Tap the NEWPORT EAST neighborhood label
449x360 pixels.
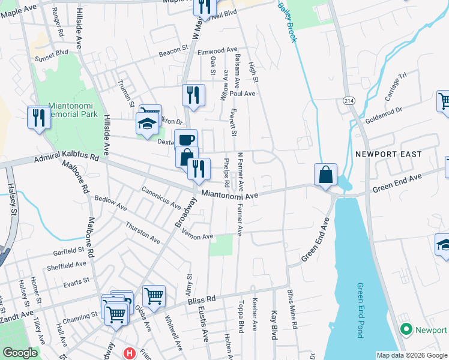pyautogui.click(x=388, y=154)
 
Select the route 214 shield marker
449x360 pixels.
pyautogui.click(x=349, y=101)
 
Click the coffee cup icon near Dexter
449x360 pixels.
pyautogui.click(x=187, y=139)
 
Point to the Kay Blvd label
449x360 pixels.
pyautogui.click(x=274, y=325)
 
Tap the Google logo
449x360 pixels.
pyautogui.click(x=20, y=353)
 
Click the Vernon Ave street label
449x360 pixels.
pyautogui.click(x=198, y=237)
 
